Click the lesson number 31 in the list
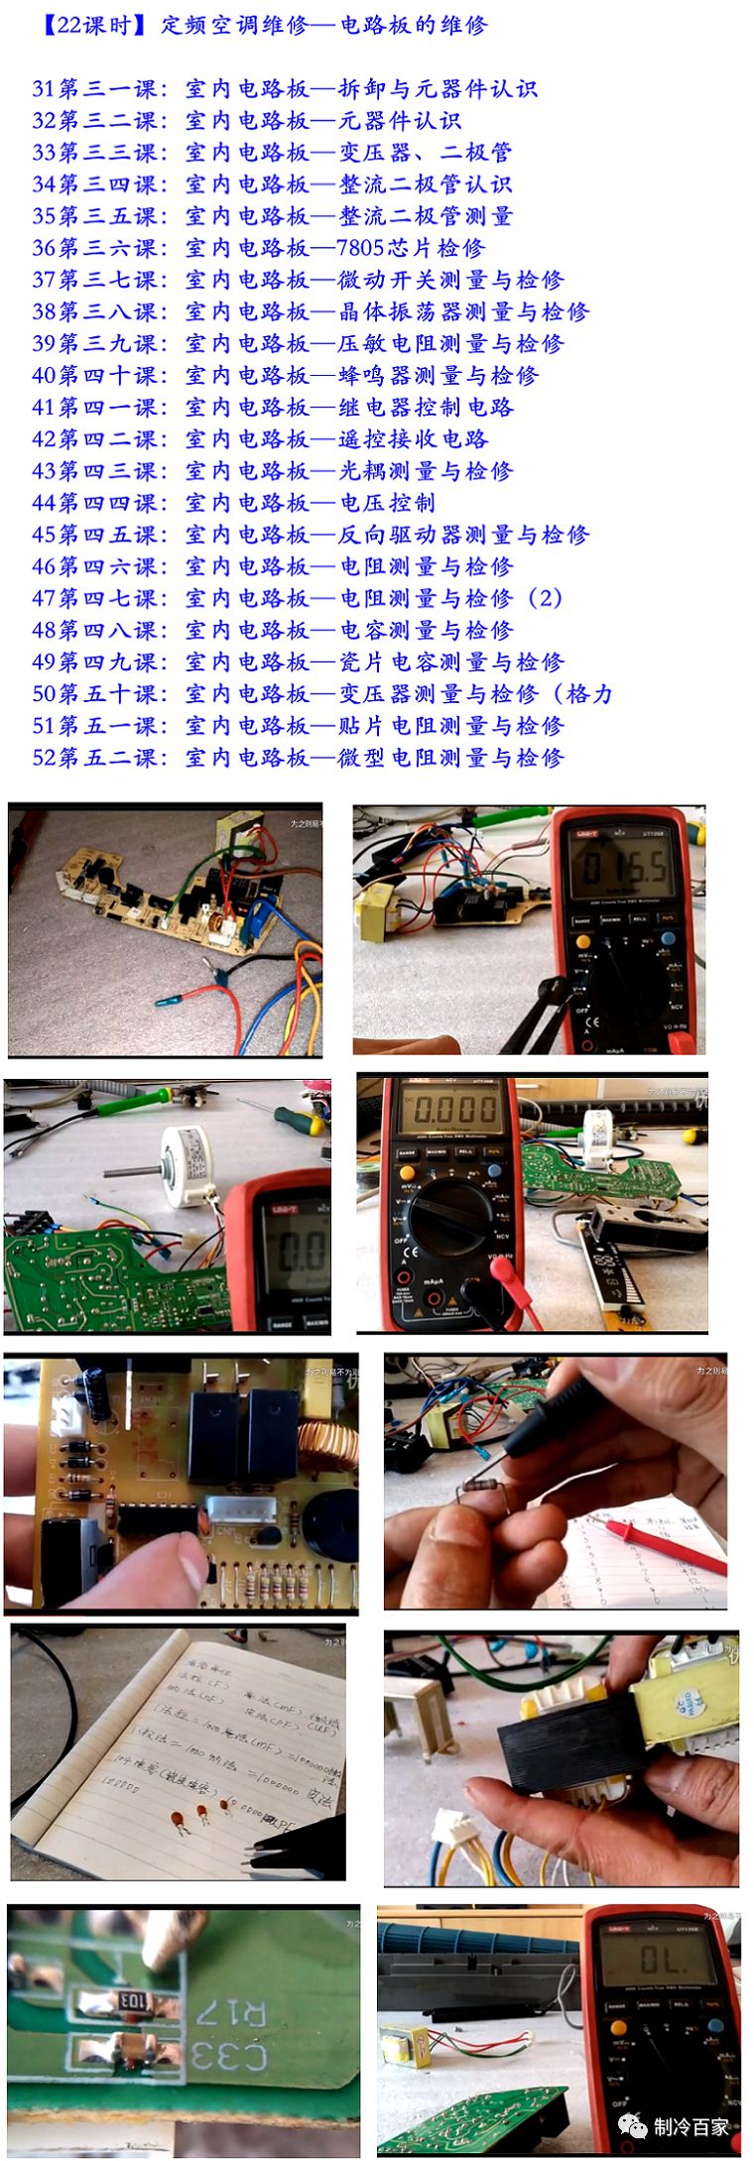[44, 89]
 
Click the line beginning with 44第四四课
[233, 503]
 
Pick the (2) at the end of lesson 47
[545, 598]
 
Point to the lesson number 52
[44, 758]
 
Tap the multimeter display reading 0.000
[455, 1108]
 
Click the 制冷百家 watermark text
[691, 2126]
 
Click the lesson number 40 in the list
[44, 376]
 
